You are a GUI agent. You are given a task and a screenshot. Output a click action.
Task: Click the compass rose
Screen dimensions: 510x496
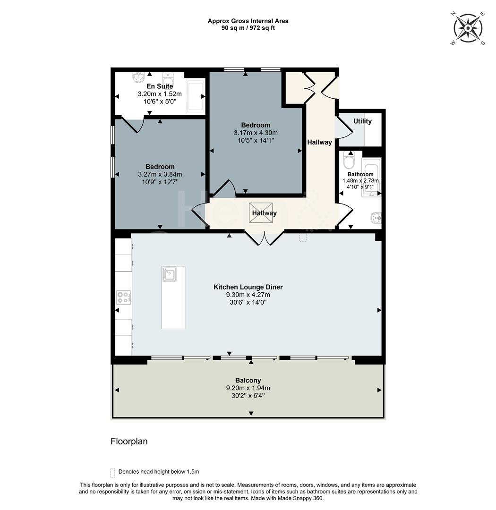coord(467,28)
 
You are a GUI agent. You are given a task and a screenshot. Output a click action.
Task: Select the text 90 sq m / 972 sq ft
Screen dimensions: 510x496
coord(248,28)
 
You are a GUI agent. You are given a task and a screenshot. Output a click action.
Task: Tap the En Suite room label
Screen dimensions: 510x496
coord(159,86)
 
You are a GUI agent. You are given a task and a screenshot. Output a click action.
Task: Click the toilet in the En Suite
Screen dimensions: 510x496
coord(168,77)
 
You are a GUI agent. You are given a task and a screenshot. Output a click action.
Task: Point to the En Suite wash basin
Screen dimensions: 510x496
coord(139,76)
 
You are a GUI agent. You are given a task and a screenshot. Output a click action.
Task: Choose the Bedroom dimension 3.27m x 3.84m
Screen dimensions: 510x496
coord(160,174)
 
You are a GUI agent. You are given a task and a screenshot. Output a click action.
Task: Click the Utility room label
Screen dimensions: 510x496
coord(362,121)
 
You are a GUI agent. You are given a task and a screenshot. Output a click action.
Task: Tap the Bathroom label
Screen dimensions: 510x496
coord(360,174)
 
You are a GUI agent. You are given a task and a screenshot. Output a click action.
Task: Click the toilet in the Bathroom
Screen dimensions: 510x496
coord(350,161)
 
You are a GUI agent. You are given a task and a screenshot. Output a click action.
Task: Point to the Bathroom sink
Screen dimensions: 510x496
coord(376,218)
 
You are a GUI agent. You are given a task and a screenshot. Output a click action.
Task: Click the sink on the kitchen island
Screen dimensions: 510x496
coord(169,274)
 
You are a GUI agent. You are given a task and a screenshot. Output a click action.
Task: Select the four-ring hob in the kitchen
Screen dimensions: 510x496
coord(124,297)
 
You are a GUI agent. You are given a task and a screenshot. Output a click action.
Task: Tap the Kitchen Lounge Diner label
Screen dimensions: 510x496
coord(248,287)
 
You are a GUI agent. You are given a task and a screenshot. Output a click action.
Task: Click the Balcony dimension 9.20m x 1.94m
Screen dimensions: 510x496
coord(248,388)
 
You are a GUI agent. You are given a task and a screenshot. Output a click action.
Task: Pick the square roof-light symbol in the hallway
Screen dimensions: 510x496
coord(261,212)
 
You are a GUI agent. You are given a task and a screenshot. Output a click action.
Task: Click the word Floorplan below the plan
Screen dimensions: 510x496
coord(129,442)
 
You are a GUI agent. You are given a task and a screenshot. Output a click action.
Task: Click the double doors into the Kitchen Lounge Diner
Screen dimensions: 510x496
coord(264,238)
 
